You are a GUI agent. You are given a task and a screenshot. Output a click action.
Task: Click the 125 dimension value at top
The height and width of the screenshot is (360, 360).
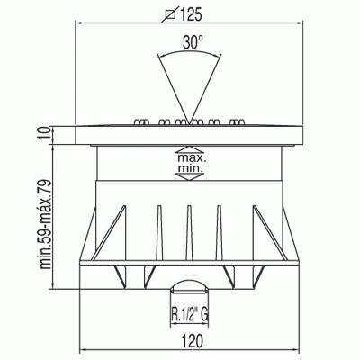[x=191, y=14]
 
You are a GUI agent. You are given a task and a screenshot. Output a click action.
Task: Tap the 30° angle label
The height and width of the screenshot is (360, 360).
[x=193, y=42]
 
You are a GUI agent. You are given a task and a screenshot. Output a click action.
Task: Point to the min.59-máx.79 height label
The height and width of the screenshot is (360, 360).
[x=46, y=224]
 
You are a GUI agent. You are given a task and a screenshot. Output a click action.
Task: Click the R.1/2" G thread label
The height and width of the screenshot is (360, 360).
[x=190, y=315]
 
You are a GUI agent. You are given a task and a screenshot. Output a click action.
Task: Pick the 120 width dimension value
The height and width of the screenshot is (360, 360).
[x=193, y=341]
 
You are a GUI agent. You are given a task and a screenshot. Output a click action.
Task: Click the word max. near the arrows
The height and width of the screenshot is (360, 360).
[x=190, y=157]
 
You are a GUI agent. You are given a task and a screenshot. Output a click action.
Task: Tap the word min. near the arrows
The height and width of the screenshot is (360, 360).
[x=191, y=168]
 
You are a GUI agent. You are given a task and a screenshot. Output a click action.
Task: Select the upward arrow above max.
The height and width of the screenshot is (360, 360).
[x=189, y=150]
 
